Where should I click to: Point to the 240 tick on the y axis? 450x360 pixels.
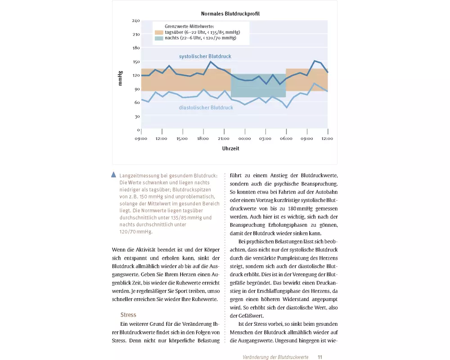point(136,21)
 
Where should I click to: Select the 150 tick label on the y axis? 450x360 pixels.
point(136,62)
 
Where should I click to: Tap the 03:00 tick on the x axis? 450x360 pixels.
point(265,138)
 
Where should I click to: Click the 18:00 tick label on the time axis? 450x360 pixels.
point(202,138)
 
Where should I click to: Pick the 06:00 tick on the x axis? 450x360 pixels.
point(286,138)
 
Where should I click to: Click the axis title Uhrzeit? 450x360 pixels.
point(230,148)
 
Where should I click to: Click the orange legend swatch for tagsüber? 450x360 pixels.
point(159,32)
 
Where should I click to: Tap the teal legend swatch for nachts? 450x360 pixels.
point(159,39)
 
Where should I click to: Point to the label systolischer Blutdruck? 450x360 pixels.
point(205,57)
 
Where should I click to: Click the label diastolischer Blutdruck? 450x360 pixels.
point(206,108)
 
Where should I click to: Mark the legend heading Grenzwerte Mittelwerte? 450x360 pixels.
point(189,27)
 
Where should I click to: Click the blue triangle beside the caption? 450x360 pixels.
point(114,175)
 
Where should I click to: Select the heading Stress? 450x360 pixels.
point(128,315)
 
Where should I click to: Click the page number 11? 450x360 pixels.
point(320,357)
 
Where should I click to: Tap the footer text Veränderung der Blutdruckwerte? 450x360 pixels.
point(275,357)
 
